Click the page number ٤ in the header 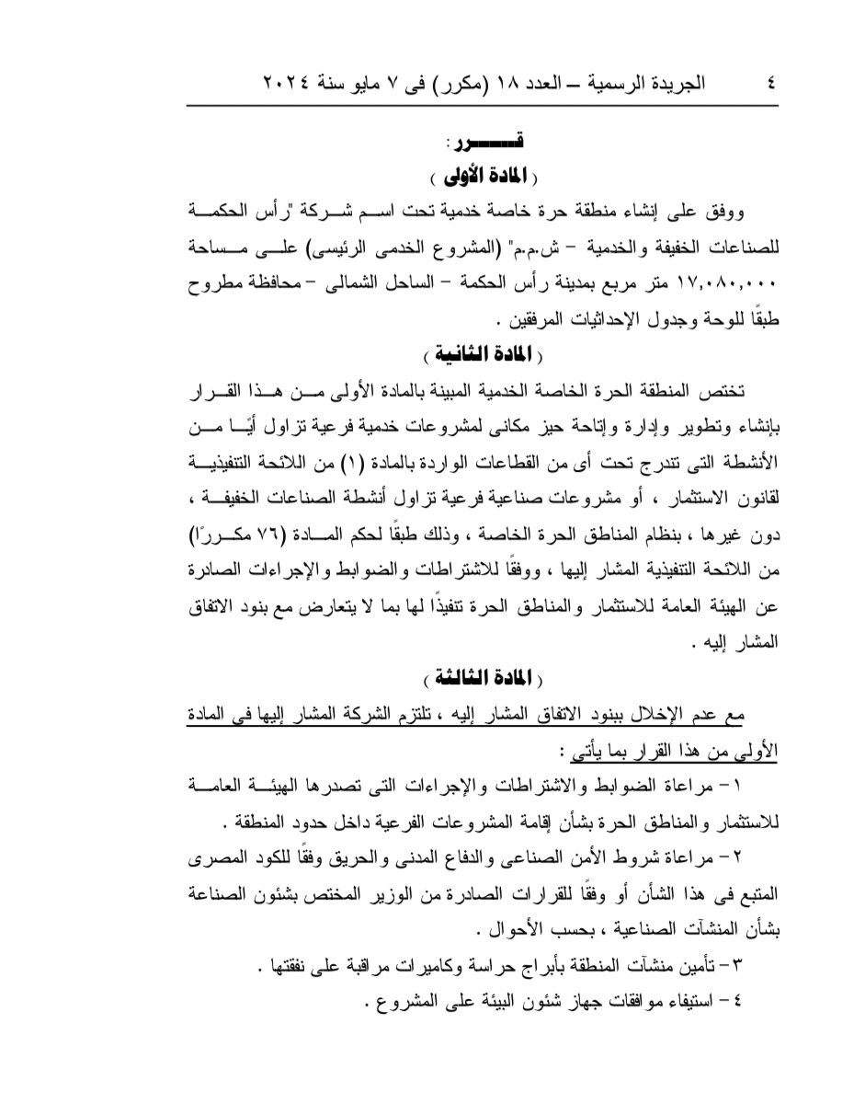(x=769, y=82)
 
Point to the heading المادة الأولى (x=484, y=174)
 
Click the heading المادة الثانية (x=484, y=354)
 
